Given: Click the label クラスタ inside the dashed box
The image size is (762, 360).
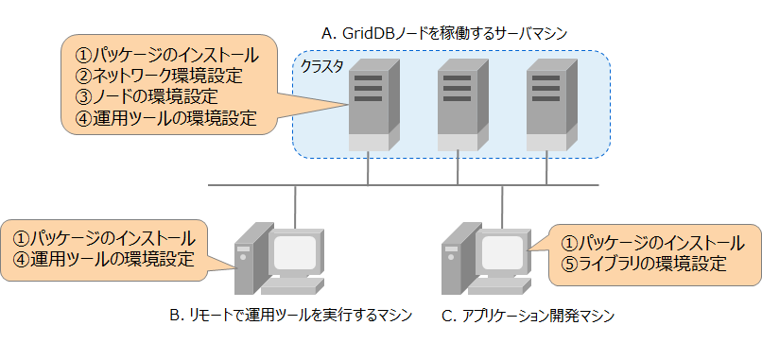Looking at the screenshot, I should click(x=320, y=68).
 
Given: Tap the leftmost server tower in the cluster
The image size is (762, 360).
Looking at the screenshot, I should click(x=370, y=104).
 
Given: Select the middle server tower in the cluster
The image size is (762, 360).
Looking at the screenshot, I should click(x=459, y=104).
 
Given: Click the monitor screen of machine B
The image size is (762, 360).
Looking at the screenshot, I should click(x=294, y=252).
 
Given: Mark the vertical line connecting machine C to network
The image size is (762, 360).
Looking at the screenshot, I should click(x=502, y=203).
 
